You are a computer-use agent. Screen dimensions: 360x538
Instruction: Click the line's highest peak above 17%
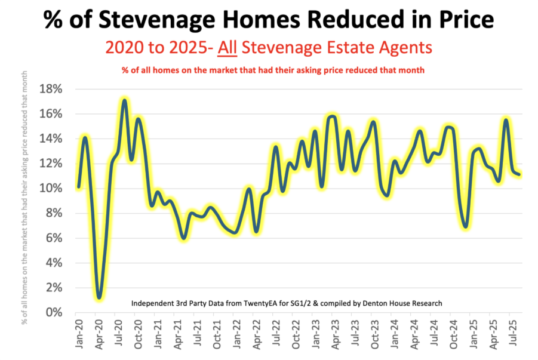click(x=124, y=100)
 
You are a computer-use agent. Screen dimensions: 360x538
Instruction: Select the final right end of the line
click(x=519, y=174)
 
